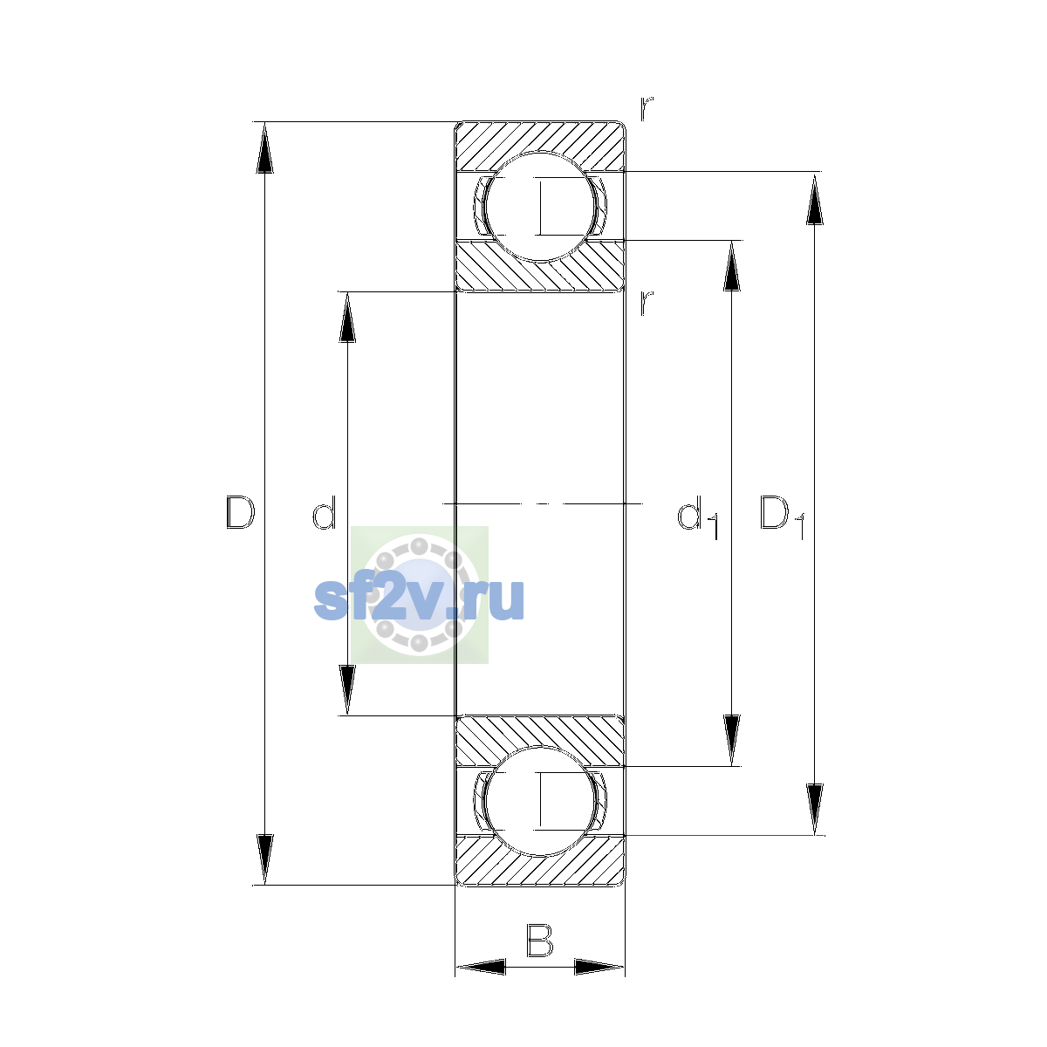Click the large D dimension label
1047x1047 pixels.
[x=240, y=512]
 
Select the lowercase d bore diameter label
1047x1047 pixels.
[x=325, y=512]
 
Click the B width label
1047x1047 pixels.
[x=539, y=940]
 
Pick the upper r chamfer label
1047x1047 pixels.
[x=647, y=109]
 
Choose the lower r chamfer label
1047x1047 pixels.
[x=647, y=303]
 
